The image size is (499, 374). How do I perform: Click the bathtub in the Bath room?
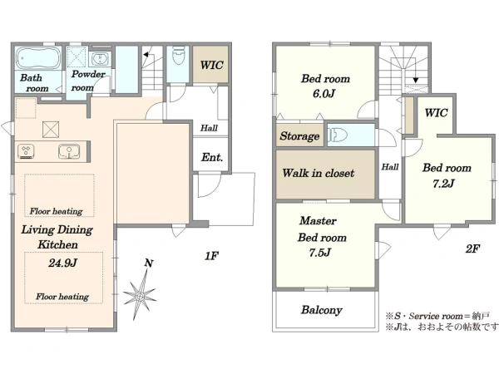[x=38, y=58]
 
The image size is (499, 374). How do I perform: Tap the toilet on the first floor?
[x=178, y=55]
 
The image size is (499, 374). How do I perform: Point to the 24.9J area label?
[x=62, y=263]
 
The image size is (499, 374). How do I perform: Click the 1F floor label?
[x=211, y=255]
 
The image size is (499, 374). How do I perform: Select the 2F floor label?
[x=472, y=249]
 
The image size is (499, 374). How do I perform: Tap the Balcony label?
[x=321, y=310]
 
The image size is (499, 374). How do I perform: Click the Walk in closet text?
[x=318, y=173]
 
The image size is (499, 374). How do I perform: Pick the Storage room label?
[x=299, y=136]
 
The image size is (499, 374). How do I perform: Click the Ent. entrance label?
[x=211, y=157]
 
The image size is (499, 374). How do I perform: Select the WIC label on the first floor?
[x=211, y=65]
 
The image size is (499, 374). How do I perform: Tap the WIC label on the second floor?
[x=436, y=112]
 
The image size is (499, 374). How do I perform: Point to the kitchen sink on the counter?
[x=69, y=151]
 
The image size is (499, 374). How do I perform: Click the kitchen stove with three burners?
[x=26, y=151]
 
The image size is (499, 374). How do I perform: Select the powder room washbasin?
[x=100, y=59]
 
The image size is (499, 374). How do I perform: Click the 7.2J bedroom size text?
[x=443, y=184]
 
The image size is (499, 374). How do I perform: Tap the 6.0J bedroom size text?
[x=324, y=94]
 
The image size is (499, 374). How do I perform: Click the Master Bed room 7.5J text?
[x=321, y=237]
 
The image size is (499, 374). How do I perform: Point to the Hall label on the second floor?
[x=390, y=167]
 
